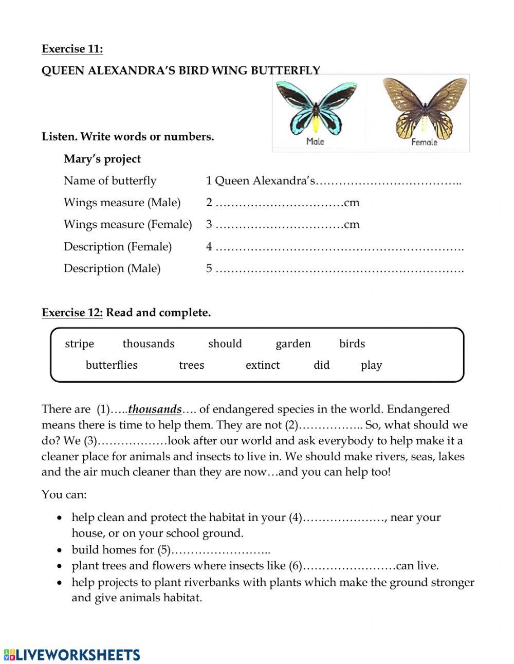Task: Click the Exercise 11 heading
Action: tap(72, 49)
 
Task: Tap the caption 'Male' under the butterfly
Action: tap(315, 141)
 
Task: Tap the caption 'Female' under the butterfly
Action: tap(424, 142)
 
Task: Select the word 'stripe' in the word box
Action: tap(80, 344)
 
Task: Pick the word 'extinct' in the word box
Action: tap(263, 365)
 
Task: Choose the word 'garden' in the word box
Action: tap(293, 344)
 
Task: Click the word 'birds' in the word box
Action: tap(352, 344)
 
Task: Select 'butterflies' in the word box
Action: tap(112, 365)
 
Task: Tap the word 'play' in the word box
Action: tap(371, 365)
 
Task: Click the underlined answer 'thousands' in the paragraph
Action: tap(155, 409)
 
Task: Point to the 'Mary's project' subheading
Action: tap(102, 159)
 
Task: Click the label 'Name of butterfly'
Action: tap(110, 181)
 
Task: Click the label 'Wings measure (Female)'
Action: tap(127, 224)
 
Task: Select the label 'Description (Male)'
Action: tap(112, 268)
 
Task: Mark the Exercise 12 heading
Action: tap(72, 313)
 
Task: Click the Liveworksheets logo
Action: tap(72, 654)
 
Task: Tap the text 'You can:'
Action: tap(64, 495)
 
